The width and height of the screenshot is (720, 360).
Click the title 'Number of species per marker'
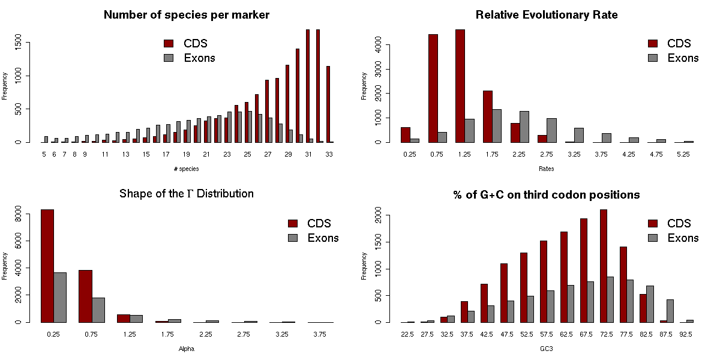coord(187,15)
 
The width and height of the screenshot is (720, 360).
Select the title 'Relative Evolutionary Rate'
coord(547,15)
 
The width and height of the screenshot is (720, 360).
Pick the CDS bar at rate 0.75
coord(433,88)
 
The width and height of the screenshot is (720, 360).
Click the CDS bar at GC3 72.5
coord(604,266)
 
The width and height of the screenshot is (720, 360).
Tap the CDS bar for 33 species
coord(328,104)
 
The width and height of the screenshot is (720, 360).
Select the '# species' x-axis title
coord(186,169)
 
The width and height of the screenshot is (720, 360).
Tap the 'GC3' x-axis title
coord(547,349)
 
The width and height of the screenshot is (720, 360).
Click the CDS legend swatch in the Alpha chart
coord(293,224)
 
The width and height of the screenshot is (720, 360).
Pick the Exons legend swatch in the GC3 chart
coord(653,238)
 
